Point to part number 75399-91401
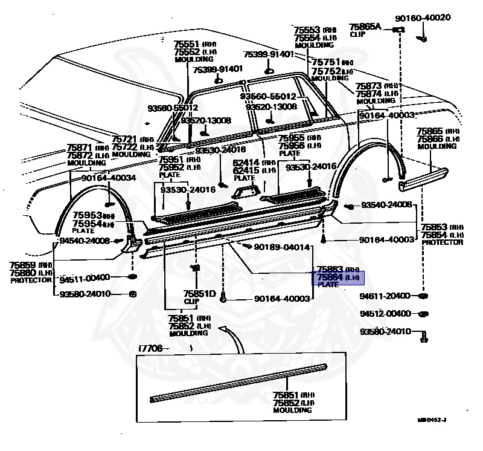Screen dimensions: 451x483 269,54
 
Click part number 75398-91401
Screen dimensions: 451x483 217,70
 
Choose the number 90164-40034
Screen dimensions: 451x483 109,178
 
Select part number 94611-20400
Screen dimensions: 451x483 385,296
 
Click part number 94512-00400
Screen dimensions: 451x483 385,314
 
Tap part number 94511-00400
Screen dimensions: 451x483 85,277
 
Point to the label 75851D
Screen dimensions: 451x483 200,293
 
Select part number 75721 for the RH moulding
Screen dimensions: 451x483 126,139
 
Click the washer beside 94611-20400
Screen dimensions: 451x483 423,296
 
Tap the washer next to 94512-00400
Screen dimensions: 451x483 423,314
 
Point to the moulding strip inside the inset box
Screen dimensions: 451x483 238,381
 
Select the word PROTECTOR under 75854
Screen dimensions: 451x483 443,242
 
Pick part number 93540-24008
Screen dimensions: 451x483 386,206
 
